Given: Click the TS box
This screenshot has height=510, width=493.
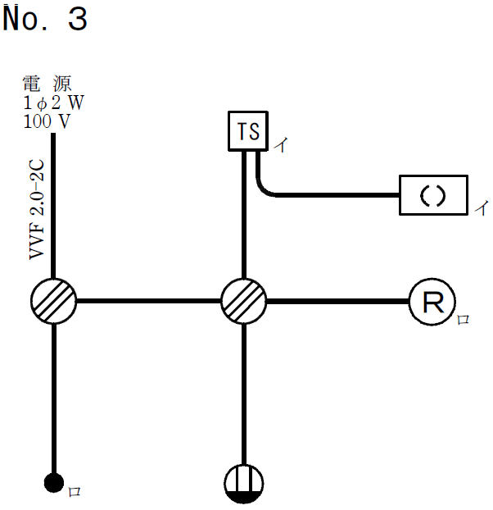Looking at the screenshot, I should [248, 131].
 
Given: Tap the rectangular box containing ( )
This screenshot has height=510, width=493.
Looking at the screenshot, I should [433, 195].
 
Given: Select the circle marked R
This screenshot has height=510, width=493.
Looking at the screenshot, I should [432, 302].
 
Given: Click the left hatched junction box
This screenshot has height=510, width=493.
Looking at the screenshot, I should [54, 301].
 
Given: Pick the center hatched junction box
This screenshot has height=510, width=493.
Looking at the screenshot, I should [244, 301].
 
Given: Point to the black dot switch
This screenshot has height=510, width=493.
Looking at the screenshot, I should [54, 483].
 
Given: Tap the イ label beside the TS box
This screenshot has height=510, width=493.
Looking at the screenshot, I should [280, 146].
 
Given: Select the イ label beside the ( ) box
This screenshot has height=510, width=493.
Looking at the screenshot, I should [481, 208].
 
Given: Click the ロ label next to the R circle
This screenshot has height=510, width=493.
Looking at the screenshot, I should [464, 319].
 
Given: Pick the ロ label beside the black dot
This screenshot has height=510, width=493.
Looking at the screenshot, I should [74, 492].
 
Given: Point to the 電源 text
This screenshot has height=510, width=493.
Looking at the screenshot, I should [47, 84].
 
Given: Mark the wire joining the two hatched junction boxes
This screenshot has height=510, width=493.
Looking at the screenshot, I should [149, 301].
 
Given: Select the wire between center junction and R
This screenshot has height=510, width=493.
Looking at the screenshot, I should [337, 301].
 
